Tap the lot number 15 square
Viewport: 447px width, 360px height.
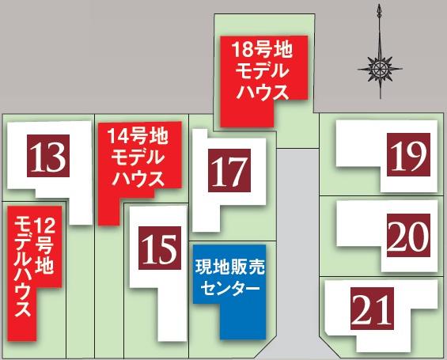161,249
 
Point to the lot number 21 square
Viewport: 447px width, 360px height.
373,309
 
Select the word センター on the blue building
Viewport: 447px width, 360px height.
229,290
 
